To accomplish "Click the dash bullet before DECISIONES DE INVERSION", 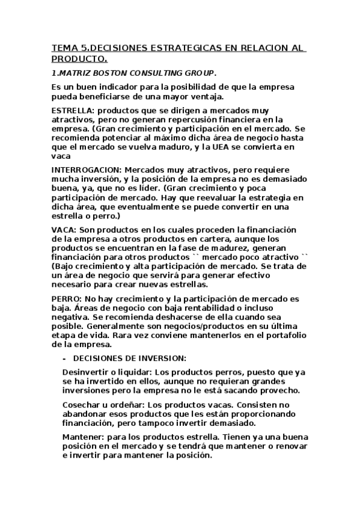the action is coord(64,358).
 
